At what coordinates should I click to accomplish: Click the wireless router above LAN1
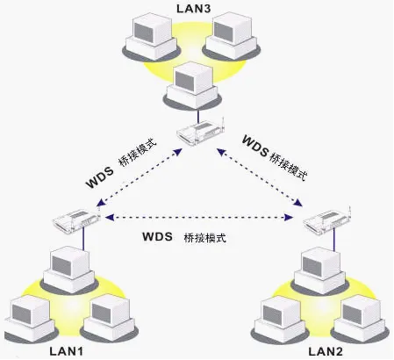73,219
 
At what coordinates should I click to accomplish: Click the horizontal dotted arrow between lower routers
197,216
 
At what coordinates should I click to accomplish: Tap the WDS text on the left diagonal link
102,182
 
